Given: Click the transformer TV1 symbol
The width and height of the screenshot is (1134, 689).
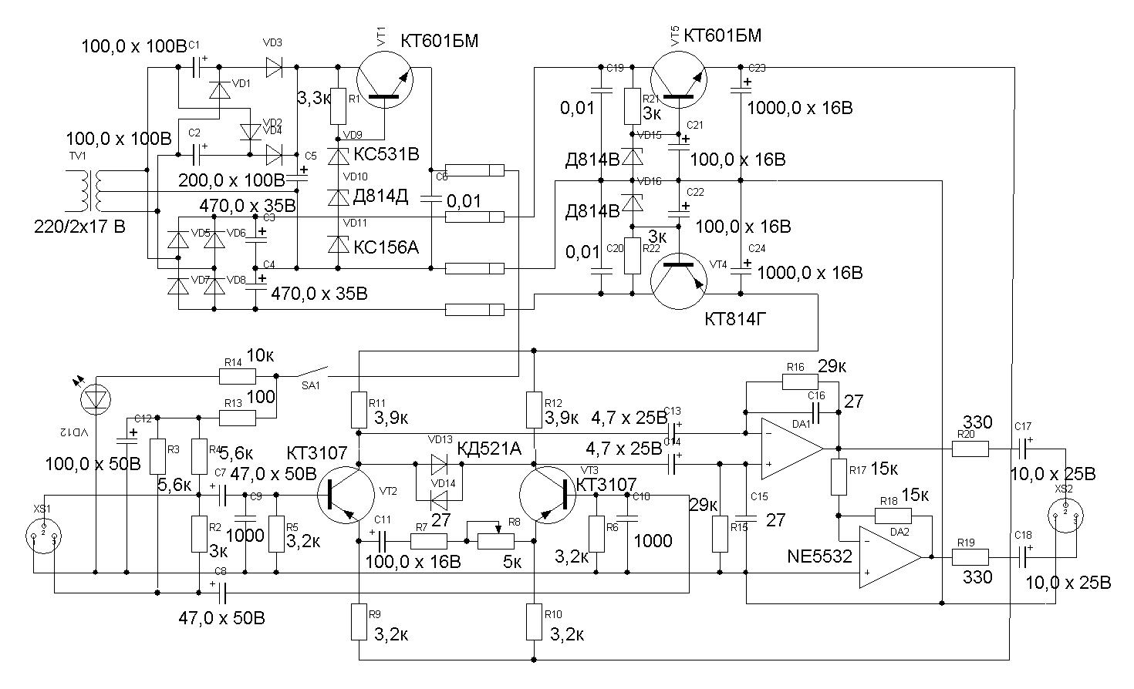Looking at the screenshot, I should click(x=91, y=191).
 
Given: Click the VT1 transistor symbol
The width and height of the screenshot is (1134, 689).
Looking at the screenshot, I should click(x=386, y=79).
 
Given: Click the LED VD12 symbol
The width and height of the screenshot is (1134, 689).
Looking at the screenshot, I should click(x=96, y=398).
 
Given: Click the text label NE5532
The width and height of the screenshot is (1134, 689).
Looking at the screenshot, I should click(x=820, y=556).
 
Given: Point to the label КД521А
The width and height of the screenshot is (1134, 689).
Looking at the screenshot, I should click(x=489, y=449).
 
